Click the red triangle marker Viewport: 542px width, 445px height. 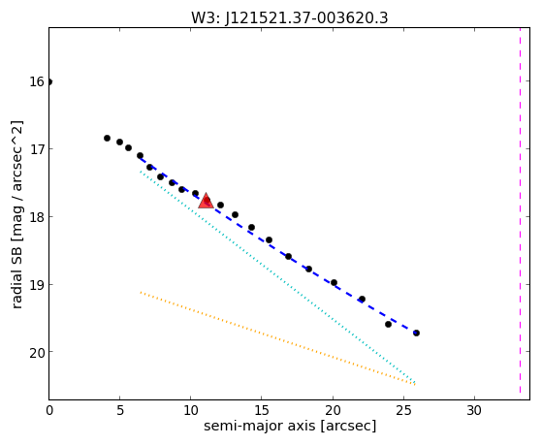point(206,202)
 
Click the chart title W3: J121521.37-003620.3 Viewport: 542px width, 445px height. point(290,17)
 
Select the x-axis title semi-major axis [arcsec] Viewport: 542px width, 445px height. point(290,426)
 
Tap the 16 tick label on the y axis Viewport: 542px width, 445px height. point(37,82)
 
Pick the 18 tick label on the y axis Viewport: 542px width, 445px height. point(37,217)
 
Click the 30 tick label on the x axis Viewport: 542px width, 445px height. point(474,410)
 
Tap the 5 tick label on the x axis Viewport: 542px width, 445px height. point(120,410)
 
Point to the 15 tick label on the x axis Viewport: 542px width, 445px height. point(262,410)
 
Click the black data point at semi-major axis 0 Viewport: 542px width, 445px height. point(49,82)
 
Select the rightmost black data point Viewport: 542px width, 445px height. point(417,333)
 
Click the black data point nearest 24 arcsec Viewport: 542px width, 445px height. point(388,325)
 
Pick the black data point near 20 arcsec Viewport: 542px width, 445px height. point(334,283)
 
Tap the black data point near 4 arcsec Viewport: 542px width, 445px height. point(108,139)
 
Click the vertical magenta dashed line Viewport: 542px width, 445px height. point(520,210)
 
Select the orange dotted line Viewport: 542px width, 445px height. point(277,338)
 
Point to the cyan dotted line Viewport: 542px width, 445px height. point(277,276)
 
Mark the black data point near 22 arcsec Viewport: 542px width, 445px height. point(362,299)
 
